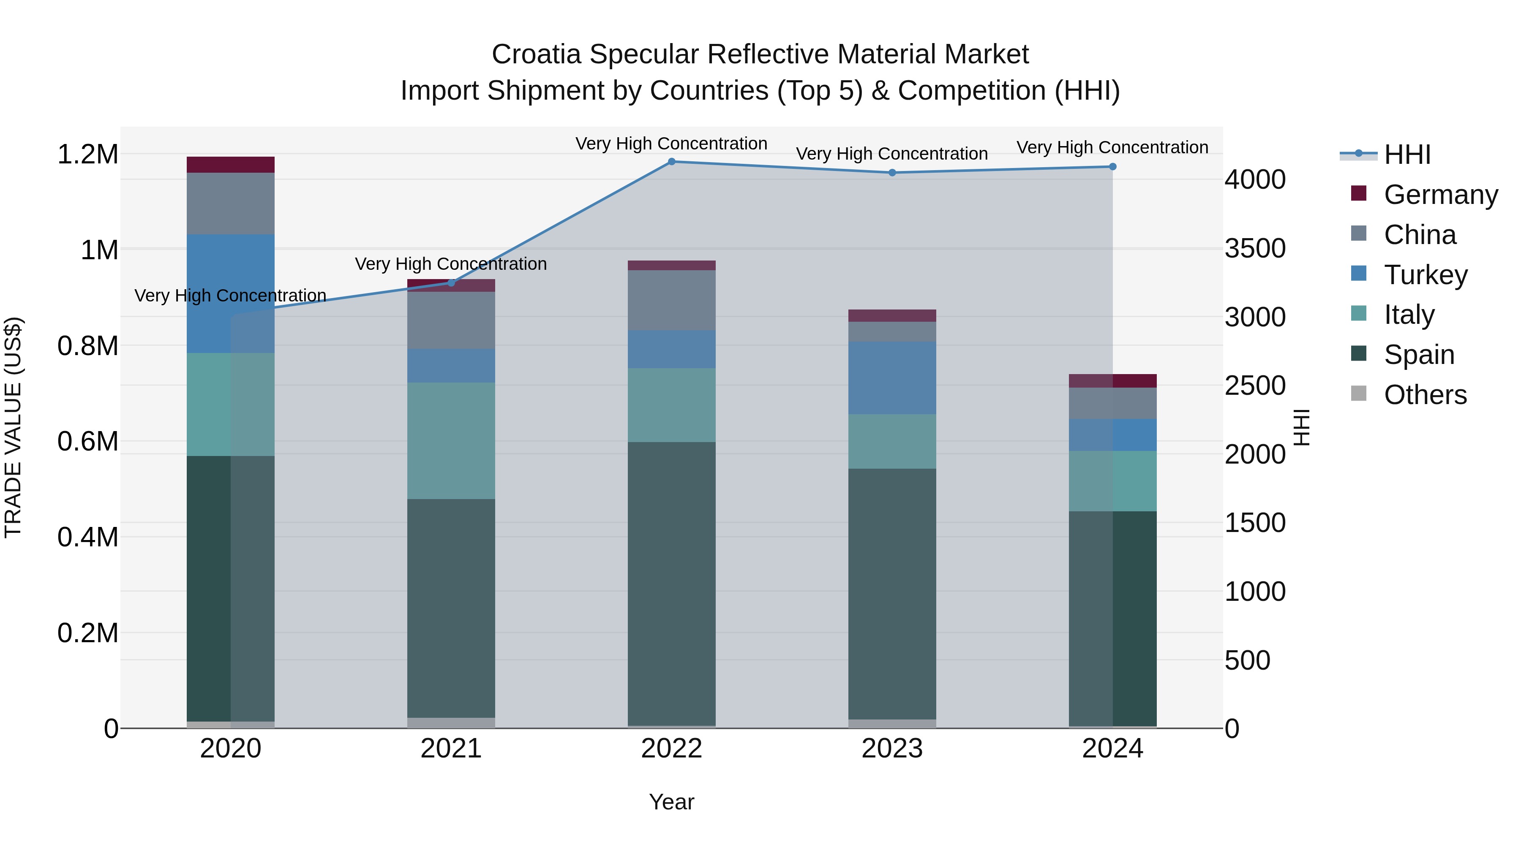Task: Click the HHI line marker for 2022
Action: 671,162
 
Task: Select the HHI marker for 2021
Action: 451,282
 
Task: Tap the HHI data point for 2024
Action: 1112,167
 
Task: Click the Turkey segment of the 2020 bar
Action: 230,293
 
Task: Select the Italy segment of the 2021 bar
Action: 451,440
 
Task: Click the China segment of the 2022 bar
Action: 671,300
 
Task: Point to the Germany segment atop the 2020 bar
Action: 230,165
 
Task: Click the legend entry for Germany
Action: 1440,195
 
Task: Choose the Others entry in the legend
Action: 1424,395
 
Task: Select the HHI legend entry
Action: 1407,155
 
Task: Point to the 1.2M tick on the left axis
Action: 87,155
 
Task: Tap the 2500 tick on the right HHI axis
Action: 1255,386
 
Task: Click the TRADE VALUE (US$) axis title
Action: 13,427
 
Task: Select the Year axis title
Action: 671,802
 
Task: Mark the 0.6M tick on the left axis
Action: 87,441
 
